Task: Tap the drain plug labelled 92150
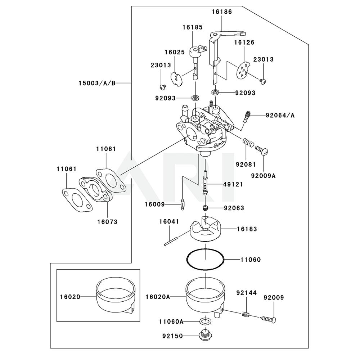click(205, 336)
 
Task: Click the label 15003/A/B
click(97, 83)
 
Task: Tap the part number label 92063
click(234, 208)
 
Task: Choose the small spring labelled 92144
click(245, 314)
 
